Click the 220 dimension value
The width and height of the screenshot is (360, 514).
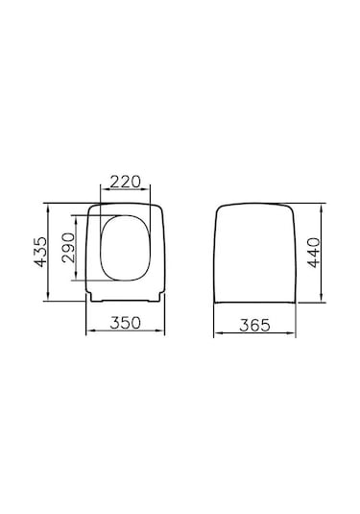(x=128, y=180)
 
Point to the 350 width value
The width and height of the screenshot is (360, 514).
(x=127, y=324)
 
